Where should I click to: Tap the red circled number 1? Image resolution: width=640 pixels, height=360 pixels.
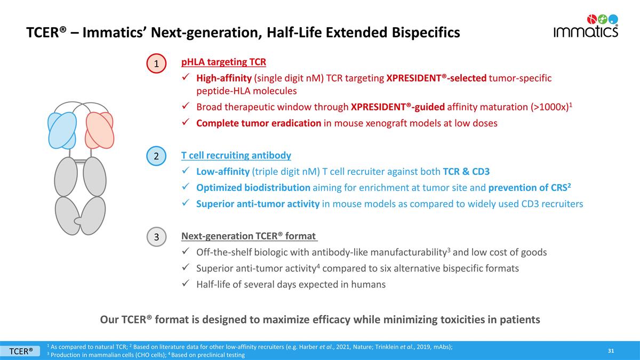156,63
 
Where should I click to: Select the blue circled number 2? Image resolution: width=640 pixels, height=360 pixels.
156,157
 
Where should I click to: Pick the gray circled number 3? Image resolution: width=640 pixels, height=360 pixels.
156,237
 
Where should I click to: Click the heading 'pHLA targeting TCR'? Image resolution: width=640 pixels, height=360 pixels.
223,62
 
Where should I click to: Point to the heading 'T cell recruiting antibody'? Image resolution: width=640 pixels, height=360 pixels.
236,156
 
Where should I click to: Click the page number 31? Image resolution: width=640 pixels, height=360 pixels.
611,350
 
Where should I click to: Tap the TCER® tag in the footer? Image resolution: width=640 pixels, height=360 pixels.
21,350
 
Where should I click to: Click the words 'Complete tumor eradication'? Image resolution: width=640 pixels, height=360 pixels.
258,123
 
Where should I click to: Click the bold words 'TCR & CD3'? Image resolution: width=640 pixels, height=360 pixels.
466,172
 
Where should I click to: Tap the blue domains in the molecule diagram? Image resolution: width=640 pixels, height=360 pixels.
62,130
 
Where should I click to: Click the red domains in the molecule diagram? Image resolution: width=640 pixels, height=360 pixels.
99,130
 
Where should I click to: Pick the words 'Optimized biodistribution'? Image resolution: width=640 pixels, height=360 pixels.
253,188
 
